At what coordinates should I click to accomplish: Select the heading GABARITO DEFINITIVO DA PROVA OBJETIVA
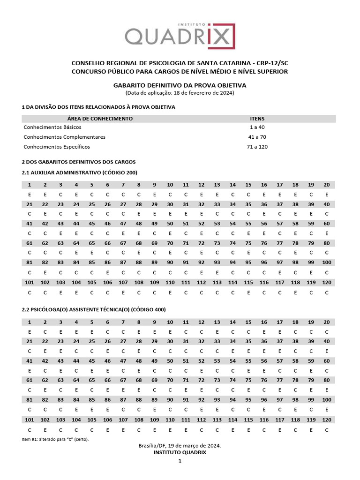pos(180,85)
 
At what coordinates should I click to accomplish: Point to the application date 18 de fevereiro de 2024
pos(203,93)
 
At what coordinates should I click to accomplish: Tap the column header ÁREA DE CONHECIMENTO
pos(100,119)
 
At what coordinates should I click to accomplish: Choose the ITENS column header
pos(257,119)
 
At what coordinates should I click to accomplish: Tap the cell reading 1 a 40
pos(257,127)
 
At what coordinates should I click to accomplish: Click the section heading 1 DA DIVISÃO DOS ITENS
pos(98,107)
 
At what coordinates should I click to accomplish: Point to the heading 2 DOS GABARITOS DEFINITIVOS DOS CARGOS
pos(79,161)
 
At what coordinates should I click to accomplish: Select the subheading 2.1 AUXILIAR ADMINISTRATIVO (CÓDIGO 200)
pos(79,172)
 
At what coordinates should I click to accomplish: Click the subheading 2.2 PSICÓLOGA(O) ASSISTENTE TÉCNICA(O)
pos(94,309)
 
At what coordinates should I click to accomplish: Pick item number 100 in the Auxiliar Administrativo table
pos(327,262)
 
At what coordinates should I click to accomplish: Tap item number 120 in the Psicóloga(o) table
pos(327,420)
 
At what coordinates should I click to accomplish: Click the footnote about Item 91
pos(55,439)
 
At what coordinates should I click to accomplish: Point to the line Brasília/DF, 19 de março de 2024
pos(180,446)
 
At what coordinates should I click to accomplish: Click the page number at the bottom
pos(179,461)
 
